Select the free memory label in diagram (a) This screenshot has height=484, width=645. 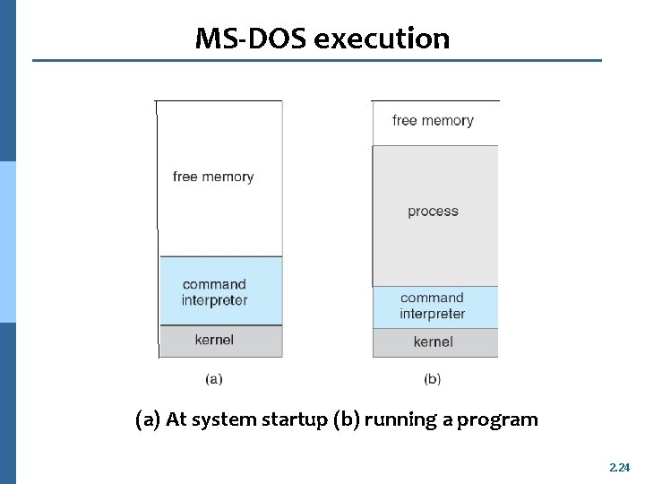coord(213,177)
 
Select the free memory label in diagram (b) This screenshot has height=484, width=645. coord(433,120)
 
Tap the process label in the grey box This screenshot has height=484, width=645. coord(433,212)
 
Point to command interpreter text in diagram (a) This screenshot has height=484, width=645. coord(215,292)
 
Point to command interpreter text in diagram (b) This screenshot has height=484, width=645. coord(433,306)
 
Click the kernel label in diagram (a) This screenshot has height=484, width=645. coord(214,339)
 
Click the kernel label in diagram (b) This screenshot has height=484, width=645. coord(433,341)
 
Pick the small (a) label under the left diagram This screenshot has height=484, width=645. coord(214,379)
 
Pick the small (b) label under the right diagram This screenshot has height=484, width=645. coord(433,379)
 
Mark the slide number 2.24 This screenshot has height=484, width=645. coord(619,467)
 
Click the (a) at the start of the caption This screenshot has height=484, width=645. coord(148,419)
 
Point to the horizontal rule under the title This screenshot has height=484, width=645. coord(317,61)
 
